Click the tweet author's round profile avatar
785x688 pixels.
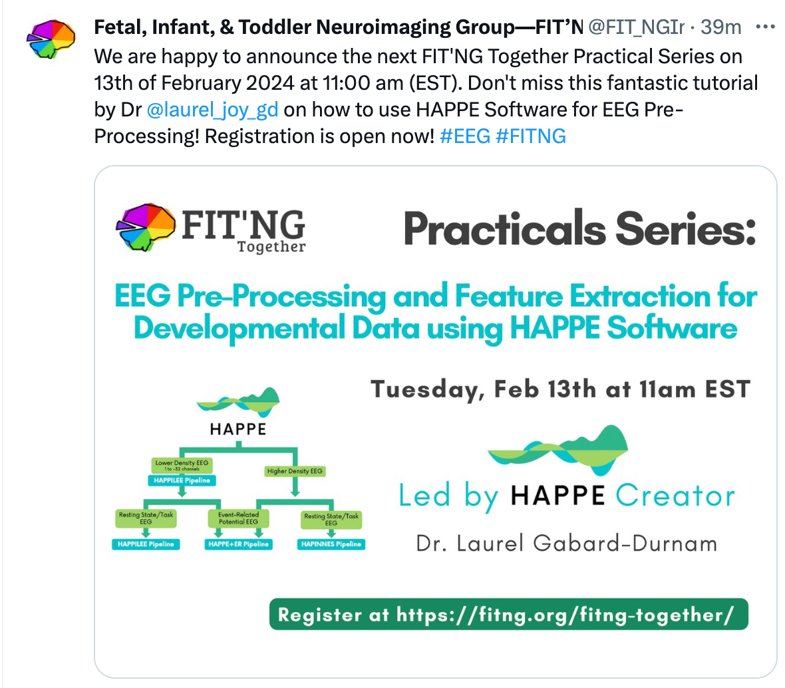pos(51,39)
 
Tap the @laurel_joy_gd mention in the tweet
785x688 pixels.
pos(212,110)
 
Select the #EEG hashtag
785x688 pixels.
pos(464,136)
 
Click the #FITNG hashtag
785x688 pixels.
pos(531,136)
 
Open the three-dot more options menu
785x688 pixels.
pos(766,27)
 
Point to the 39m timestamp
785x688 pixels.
pos(721,27)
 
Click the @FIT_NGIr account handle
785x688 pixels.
pos(636,27)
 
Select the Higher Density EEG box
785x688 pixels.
pos(295,471)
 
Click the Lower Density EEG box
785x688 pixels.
pos(182,465)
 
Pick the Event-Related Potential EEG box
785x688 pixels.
pos(238,518)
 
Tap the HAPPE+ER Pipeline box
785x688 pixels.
pos(238,544)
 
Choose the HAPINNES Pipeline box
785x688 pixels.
pos(331,544)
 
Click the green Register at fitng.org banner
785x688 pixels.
pos(509,614)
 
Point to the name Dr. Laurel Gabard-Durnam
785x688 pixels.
pos(567,544)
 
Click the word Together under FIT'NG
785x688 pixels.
pos(271,247)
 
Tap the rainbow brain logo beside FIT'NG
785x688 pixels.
pos(146,227)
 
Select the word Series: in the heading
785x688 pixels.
pos(685,229)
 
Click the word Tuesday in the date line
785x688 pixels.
pos(427,389)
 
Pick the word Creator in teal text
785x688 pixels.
pos(675,496)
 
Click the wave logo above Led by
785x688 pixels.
pos(558,450)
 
